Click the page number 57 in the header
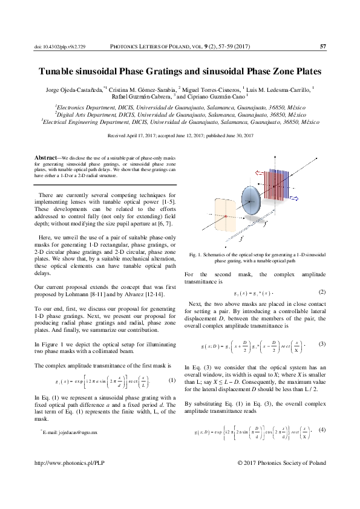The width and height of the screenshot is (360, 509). pos(322,47)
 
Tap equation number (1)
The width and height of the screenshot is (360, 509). pos(172,380)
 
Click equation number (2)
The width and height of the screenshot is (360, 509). pos(322,293)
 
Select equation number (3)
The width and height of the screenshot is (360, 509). pos(322,344)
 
